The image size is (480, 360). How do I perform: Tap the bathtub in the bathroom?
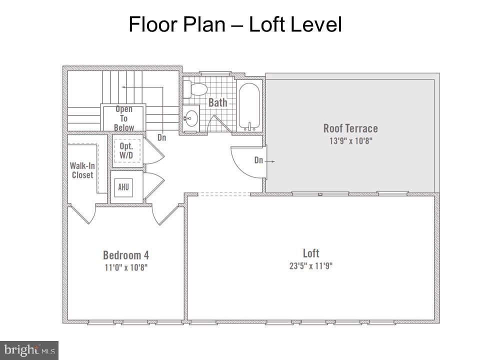[249, 107]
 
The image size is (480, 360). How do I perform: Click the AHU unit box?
[123, 187]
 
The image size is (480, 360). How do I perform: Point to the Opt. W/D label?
[126, 150]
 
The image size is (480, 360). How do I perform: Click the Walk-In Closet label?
[82, 170]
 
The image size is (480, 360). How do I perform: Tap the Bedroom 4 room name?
[126, 255]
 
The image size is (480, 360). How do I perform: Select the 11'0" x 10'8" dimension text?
[126, 267]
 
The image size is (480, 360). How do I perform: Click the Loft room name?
[311, 253]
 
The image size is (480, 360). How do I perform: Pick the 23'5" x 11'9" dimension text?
[311, 265]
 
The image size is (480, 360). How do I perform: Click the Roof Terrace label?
[350, 128]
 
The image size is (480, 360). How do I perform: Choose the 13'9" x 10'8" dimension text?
[351, 141]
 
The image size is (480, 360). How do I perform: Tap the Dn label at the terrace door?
[258, 160]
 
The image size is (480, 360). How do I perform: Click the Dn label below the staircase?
[161, 138]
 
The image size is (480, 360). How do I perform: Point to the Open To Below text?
[123, 118]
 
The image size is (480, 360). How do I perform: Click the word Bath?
[218, 102]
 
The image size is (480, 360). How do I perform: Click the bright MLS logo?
[29, 350]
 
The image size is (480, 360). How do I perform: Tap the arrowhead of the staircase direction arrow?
[123, 87]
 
